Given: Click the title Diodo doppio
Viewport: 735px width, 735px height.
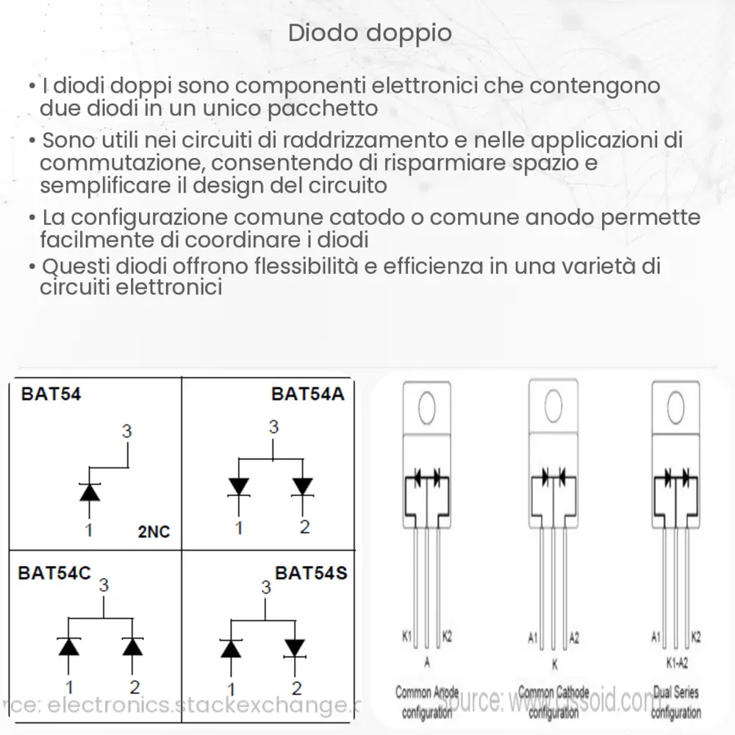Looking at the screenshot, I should click(369, 34).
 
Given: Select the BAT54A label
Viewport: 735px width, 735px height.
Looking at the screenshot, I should click(307, 394).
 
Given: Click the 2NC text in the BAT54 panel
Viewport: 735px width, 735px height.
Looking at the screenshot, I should click(154, 531).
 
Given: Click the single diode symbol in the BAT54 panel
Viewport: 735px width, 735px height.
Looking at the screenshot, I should click(90, 492).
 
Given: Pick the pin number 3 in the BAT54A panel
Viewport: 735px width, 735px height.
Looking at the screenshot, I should click(273, 427).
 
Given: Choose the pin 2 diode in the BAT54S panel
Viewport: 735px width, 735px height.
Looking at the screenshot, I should click(295, 648).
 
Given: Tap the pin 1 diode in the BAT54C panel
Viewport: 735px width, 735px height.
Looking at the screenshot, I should click(68, 646).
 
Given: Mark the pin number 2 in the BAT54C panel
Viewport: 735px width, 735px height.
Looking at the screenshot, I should click(135, 687).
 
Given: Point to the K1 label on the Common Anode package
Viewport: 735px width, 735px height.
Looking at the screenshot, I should click(406, 635).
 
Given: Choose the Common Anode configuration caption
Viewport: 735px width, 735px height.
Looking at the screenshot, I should click(427, 701).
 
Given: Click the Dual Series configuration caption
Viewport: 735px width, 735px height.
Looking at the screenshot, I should click(675, 701).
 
